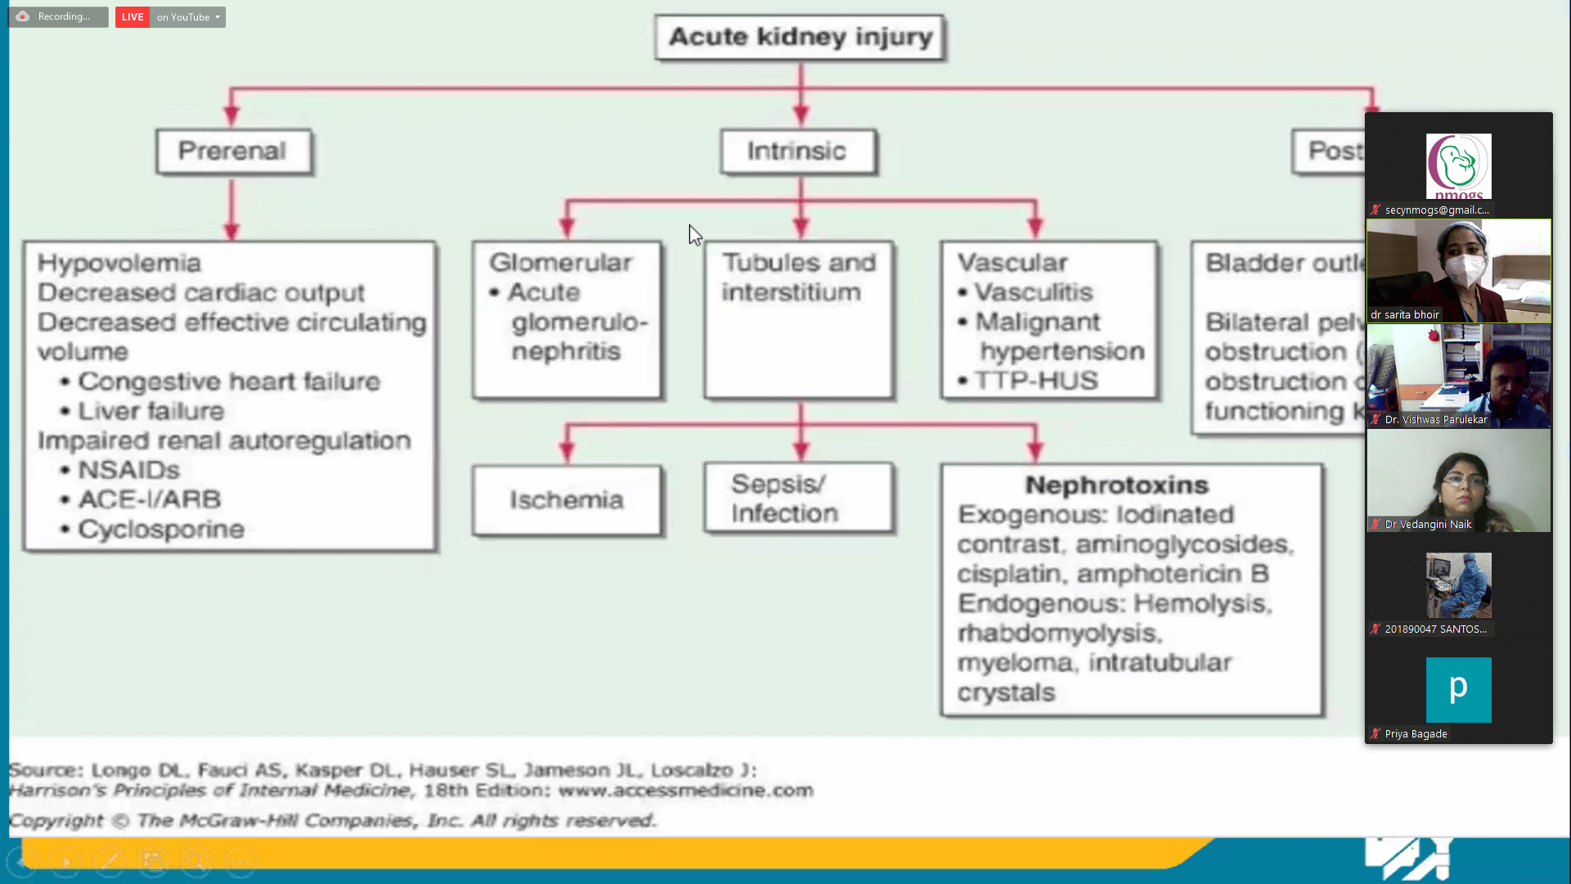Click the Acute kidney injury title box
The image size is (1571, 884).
tap(800, 38)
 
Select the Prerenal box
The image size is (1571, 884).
tap(233, 151)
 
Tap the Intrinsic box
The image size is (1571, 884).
tap(798, 151)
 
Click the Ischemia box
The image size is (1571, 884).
tap(567, 500)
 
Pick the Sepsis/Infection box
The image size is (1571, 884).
tap(799, 498)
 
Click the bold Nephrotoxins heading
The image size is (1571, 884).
tap(1117, 485)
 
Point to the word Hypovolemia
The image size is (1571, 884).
tap(119, 264)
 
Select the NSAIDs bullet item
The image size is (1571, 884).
tap(128, 471)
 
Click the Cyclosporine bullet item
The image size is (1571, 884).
tap(161, 530)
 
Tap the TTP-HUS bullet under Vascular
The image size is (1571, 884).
tap(1036, 381)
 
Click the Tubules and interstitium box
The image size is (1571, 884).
tap(799, 319)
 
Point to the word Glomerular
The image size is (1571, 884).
tap(561, 263)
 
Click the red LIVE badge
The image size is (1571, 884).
tap(132, 17)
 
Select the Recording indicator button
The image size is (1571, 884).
tap(58, 17)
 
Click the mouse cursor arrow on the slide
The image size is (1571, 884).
tap(695, 235)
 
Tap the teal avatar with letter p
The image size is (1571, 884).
tap(1458, 689)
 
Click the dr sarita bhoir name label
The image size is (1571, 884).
tap(1405, 315)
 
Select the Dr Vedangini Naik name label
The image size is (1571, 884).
tap(1428, 525)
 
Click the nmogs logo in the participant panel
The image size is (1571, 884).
tap(1458, 166)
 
